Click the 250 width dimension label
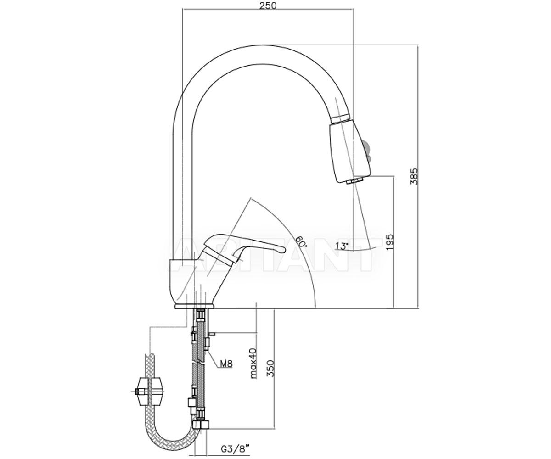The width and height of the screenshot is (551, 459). [268, 6]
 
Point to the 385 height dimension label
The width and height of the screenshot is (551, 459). [414, 176]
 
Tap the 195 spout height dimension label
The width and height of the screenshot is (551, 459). [390, 242]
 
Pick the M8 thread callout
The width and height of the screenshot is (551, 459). [226, 364]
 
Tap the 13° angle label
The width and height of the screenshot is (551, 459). [342, 246]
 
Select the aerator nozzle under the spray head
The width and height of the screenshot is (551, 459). [355, 181]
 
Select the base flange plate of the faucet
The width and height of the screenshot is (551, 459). [195, 306]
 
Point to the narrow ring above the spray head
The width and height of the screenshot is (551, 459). [341, 119]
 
